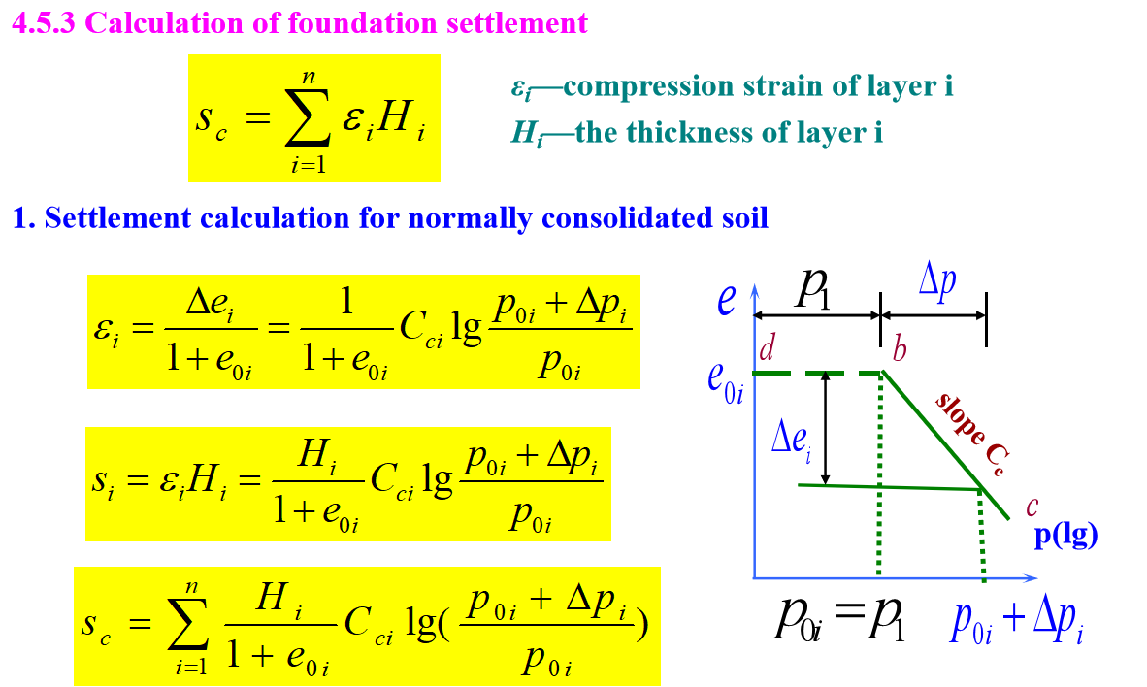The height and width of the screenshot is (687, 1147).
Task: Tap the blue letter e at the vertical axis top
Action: pos(726,300)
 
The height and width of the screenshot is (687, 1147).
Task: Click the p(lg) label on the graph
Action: pos(1065,536)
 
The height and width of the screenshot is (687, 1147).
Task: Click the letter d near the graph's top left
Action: pos(767,349)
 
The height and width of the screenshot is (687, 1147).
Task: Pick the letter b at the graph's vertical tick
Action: pos(899,349)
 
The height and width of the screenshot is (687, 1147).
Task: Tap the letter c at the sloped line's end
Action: pos(1032,505)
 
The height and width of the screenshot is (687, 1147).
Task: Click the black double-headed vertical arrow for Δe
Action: pos(825,428)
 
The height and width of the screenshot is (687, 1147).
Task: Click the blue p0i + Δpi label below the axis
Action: pos(1017,623)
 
